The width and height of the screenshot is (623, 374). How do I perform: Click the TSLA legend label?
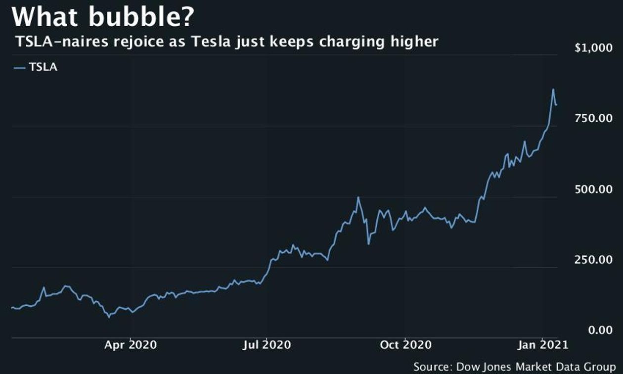tap(43, 68)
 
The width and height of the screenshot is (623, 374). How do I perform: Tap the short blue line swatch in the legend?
tap(20, 68)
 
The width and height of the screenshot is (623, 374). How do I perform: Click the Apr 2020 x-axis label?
tap(131, 344)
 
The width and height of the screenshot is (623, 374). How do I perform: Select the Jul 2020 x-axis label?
tap(267, 344)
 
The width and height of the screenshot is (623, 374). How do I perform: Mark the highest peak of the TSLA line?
tap(553, 90)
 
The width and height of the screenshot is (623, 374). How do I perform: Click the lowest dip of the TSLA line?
tap(110, 317)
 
